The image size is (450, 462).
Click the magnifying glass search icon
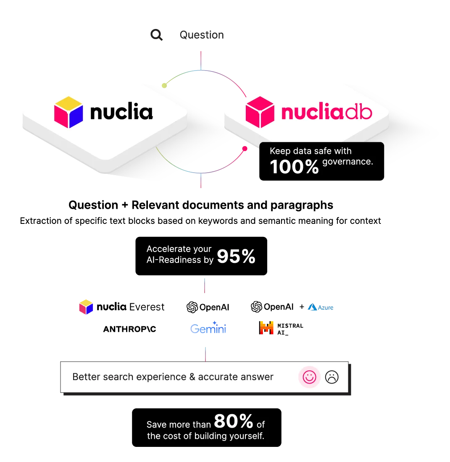point(157,35)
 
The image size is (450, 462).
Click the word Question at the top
point(202,35)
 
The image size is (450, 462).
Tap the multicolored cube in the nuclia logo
point(68,112)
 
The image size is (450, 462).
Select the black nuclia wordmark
point(121,112)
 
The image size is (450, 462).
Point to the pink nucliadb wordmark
point(326,113)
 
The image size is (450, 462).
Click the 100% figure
point(295,167)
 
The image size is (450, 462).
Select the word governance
point(348,162)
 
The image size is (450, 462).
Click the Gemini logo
point(208,328)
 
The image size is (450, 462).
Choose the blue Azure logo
point(321,307)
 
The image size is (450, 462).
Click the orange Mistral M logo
point(267,328)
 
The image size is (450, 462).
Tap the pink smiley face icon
point(309,377)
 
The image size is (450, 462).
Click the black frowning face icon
point(332,377)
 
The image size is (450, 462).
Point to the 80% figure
point(234,421)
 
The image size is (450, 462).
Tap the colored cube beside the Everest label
point(85,307)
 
